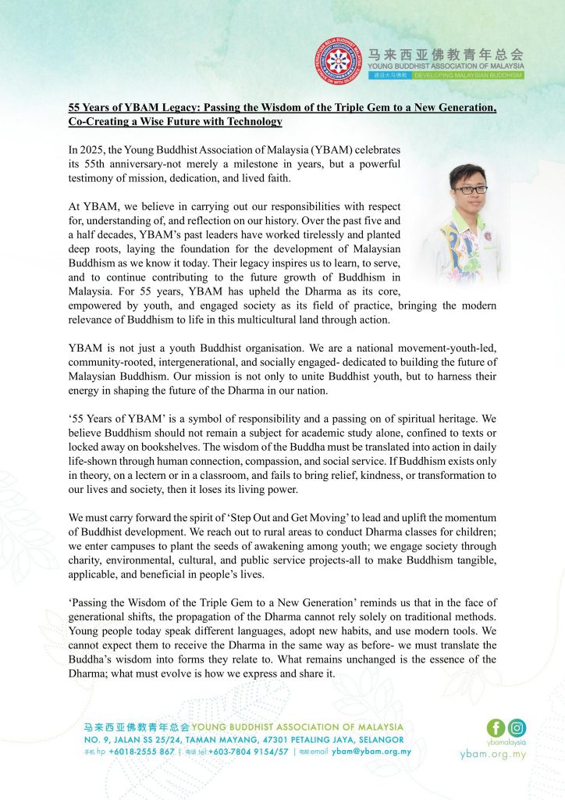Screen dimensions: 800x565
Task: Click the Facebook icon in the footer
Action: (x=496, y=727)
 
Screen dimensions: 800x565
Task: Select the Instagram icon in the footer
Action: (x=516, y=727)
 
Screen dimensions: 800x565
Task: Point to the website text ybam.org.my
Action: (x=493, y=755)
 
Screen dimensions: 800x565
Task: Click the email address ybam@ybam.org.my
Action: (x=371, y=752)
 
